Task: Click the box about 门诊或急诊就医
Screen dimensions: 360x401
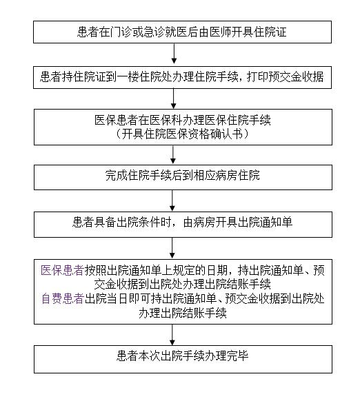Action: click(x=182, y=32)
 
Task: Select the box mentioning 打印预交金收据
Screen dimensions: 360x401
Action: click(x=182, y=77)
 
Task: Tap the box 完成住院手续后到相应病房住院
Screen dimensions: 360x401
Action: click(x=183, y=178)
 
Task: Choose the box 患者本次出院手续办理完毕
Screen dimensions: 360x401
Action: click(x=183, y=359)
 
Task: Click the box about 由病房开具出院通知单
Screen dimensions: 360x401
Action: click(x=183, y=225)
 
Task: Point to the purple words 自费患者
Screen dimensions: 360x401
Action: click(x=63, y=298)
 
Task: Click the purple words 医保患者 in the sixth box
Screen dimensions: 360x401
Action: click(x=63, y=270)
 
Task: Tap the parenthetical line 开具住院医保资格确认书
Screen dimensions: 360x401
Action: click(x=182, y=134)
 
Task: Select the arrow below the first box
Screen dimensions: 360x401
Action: click(x=174, y=54)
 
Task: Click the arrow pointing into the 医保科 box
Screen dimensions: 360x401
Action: click(x=173, y=99)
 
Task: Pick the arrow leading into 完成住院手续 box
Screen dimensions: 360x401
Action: click(x=173, y=154)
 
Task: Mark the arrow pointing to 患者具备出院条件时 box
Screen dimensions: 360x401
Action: click(x=172, y=200)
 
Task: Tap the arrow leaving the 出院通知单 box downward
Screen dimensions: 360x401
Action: click(x=172, y=248)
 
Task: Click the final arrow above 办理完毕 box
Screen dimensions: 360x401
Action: click(x=172, y=335)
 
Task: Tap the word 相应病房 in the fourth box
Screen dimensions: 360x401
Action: click(x=215, y=176)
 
